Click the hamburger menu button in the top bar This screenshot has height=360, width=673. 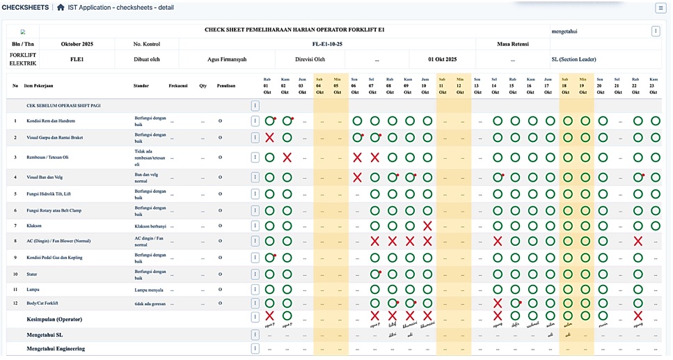660,8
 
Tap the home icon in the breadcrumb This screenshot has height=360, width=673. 61,8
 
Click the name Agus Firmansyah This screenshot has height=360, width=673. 226,59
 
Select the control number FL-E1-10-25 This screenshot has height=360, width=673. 327,44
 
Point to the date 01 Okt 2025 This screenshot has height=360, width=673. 442,59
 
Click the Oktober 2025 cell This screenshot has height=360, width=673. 77,44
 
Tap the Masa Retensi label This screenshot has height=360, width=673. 513,44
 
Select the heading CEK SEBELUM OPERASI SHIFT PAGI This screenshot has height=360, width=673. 63,105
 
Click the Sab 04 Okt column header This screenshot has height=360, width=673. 320,86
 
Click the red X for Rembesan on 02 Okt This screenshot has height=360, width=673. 287,157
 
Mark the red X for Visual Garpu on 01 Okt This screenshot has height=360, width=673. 269,138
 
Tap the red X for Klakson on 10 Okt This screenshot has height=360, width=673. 427,226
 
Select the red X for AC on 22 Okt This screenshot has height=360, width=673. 638,241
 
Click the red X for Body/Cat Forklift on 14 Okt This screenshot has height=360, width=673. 498,304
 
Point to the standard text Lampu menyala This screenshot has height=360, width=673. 149,289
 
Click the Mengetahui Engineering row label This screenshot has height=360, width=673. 56,348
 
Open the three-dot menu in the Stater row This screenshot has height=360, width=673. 255,274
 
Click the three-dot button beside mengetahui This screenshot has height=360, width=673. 656,31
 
